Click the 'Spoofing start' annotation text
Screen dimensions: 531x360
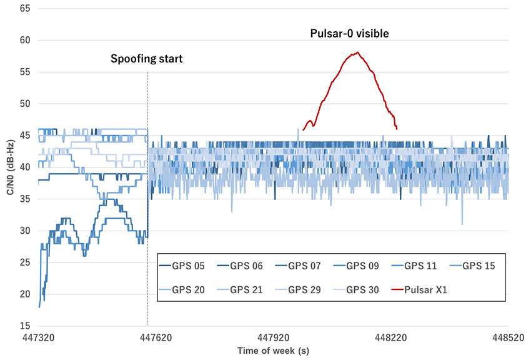tap(147, 59)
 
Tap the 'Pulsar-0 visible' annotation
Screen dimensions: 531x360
tap(349, 33)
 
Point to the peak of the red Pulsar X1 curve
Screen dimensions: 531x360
tap(357, 52)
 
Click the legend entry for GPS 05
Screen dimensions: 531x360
tap(182, 266)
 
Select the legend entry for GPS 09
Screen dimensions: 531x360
tap(356, 266)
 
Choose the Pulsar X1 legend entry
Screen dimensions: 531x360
tap(419, 290)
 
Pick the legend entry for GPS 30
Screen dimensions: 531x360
tap(356, 290)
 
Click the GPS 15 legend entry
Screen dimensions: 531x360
tap(472, 266)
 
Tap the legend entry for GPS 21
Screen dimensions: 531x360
tap(240, 290)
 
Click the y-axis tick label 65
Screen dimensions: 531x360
tap(25, 9)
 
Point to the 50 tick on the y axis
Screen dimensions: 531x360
tap(25, 104)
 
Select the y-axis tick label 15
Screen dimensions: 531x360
tap(25, 326)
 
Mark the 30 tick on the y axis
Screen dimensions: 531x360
tap(25, 231)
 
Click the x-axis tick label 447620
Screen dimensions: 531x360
tap(156, 337)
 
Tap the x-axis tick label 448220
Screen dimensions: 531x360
tap(391, 337)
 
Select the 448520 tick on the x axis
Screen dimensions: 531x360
tap(509, 337)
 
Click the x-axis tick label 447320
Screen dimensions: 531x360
tap(39, 337)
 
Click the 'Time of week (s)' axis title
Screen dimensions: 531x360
tap(273, 351)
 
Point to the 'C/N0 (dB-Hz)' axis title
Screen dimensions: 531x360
tap(11, 167)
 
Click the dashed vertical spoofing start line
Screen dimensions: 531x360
tap(147, 198)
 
